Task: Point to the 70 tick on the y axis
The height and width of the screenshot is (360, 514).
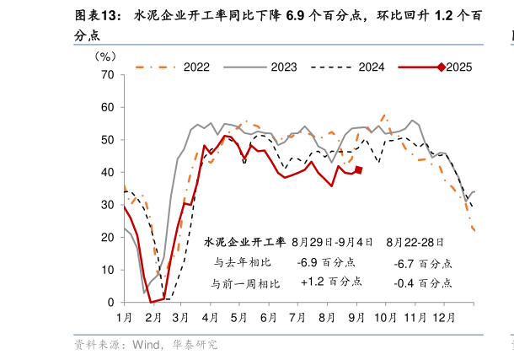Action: (x=107, y=75)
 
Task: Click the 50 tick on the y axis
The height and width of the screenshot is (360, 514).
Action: (x=107, y=140)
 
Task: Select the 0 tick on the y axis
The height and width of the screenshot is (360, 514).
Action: (x=110, y=303)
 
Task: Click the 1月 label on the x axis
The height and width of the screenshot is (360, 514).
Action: (x=124, y=318)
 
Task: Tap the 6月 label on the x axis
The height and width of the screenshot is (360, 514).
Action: (x=269, y=318)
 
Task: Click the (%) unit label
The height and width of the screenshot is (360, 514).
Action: (x=105, y=56)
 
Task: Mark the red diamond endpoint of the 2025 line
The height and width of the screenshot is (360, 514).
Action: (x=359, y=170)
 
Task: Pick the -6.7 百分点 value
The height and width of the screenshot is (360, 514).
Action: (x=422, y=263)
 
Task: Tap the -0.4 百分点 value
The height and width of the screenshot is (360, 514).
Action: (x=422, y=282)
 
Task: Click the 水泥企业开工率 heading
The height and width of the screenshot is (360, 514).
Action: (x=245, y=242)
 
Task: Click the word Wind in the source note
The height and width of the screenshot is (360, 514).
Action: (x=147, y=345)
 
